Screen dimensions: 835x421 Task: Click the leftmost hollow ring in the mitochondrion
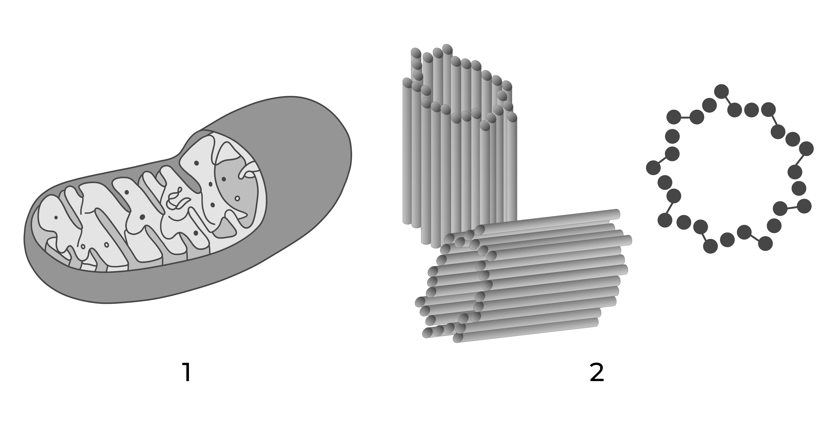pyautogui.click(x=83, y=247)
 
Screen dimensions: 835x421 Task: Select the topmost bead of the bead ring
pyautogui.click(x=722, y=92)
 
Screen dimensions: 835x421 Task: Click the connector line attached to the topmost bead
pyautogui.click(x=728, y=100)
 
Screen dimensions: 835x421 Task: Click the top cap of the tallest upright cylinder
pyautogui.click(x=447, y=49)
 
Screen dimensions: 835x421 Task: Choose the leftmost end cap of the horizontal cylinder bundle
pyautogui.click(x=420, y=302)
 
